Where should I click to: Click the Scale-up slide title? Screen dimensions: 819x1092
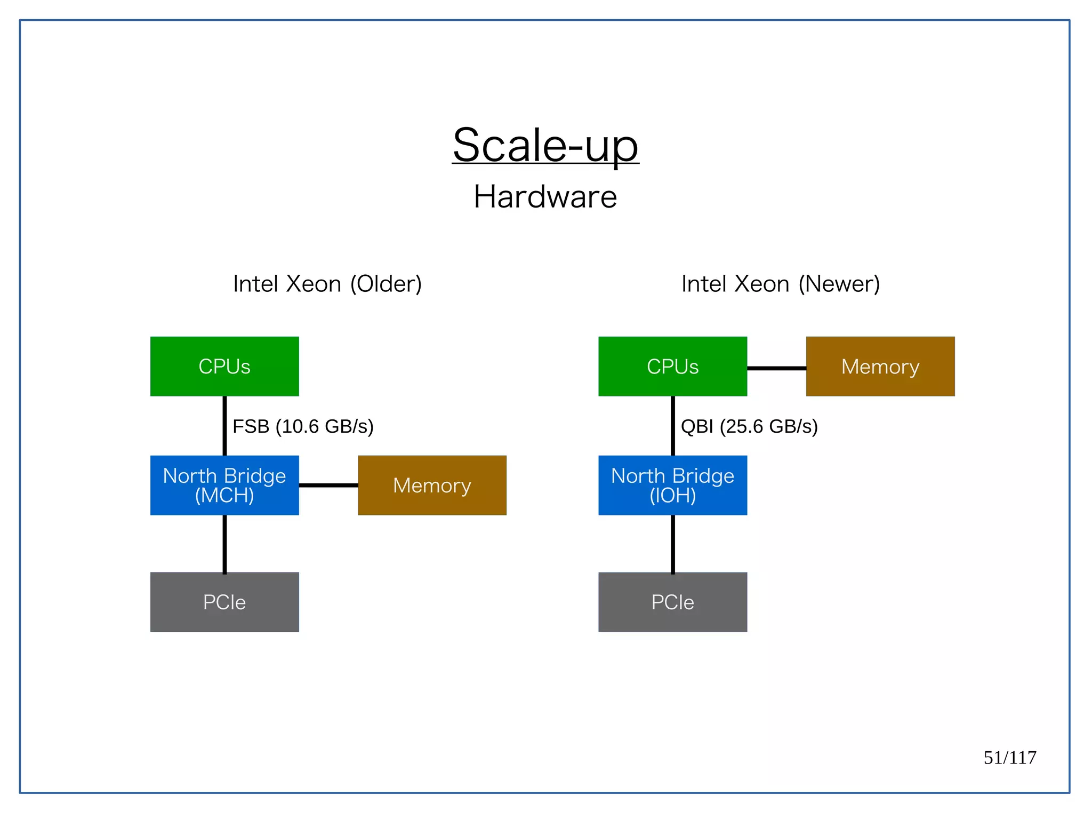point(545,145)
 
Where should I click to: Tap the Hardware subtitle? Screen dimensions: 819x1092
point(545,197)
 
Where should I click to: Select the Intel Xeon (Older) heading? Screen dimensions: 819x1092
point(327,284)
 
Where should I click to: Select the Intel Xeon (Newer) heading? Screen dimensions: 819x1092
point(780,284)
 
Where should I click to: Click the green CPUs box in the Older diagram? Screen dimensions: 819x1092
point(224,367)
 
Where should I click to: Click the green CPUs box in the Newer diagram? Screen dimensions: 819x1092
point(672,367)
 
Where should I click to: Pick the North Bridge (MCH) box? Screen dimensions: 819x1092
point(224,485)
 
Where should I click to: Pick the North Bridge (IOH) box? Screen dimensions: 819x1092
point(672,485)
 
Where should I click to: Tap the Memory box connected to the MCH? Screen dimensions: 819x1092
point(432,485)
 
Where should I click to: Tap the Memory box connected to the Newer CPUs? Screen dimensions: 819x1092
point(880,367)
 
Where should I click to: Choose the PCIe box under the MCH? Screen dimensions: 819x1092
point(224,602)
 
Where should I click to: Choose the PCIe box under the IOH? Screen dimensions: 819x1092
point(672,602)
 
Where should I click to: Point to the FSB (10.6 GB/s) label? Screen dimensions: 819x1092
point(303,426)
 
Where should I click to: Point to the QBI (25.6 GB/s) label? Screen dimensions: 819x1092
point(749,426)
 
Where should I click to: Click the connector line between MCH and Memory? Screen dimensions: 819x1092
point(328,485)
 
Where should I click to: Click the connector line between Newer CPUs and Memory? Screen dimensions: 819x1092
point(776,368)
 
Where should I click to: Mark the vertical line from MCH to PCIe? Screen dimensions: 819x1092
point(224,543)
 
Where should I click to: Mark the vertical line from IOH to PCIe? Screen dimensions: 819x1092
point(672,543)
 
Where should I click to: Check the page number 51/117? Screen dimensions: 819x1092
point(1009,757)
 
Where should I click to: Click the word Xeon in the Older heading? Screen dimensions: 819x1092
point(314,284)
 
